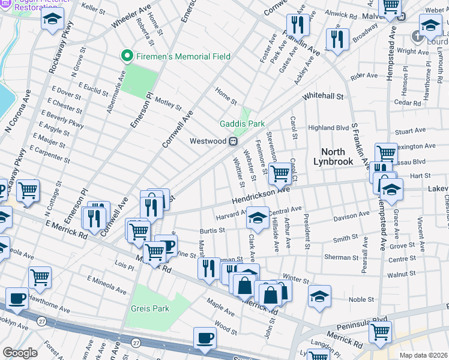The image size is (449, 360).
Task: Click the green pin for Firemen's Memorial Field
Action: [x=127, y=56]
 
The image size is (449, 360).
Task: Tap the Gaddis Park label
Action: [x=242, y=124]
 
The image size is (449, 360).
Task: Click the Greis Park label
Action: [x=151, y=308]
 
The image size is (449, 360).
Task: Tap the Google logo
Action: [x=20, y=353]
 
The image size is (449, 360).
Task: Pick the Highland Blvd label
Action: [x=328, y=128]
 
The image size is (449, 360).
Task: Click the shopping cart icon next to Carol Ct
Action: [x=280, y=173]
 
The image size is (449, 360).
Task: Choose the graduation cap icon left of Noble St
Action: [x=319, y=296]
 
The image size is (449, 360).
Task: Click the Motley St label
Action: [x=168, y=104]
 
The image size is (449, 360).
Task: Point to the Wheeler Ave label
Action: [x=131, y=20]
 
